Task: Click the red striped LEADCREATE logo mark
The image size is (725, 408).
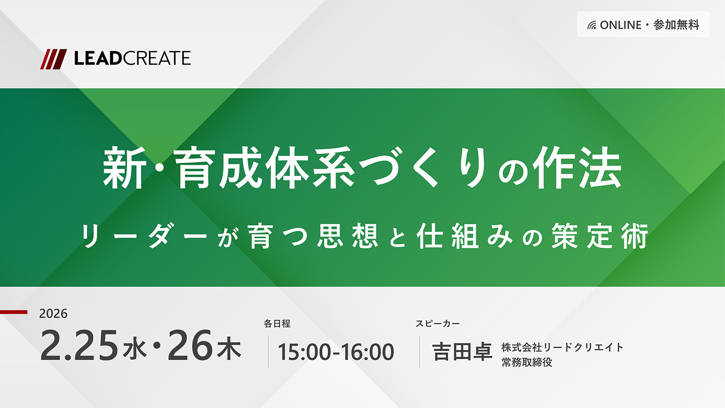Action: (x=53, y=59)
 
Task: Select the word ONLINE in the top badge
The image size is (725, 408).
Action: (x=621, y=25)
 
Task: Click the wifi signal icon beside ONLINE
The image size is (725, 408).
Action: (x=592, y=25)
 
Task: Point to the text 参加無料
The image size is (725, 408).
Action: (x=677, y=25)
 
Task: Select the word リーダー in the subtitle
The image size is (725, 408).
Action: (x=145, y=236)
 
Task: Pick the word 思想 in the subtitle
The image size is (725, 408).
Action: (x=348, y=236)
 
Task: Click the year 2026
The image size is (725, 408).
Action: (x=53, y=313)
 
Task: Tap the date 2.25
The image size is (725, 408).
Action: (x=79, y=345)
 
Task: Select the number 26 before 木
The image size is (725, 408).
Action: (x=190, y=345)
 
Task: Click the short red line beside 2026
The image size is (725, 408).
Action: (x=14, y=312)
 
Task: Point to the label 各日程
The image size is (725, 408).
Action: (x=277, y=323)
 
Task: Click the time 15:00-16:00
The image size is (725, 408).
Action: (x=336, y=352)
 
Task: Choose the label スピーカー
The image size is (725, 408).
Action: (x=437, y=323)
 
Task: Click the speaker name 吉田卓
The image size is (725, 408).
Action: (x=462, y=352)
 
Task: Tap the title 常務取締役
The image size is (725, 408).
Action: (x=527, y=363)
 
